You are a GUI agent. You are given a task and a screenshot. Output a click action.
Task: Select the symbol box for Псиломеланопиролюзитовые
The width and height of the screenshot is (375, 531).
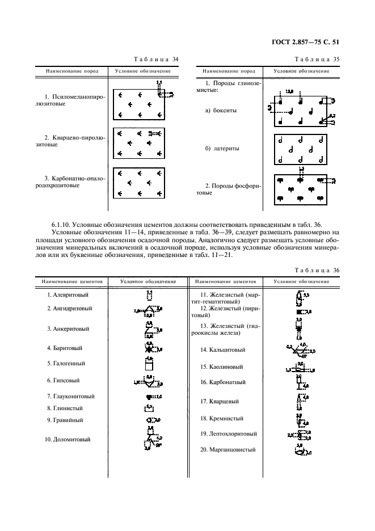(x=139, y=104)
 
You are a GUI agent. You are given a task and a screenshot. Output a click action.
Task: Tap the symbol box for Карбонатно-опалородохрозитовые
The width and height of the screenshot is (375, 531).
(x=139, y=183)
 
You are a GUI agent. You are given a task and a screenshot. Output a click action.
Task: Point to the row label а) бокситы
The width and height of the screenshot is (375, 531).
(x=221, y=111)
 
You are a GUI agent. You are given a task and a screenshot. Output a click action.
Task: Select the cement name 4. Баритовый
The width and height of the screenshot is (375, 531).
(x=65, y=348)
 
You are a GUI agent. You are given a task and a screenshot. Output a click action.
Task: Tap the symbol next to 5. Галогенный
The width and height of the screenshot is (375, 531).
(x=149, y=364)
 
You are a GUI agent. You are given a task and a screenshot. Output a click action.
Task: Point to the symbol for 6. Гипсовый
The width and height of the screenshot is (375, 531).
(x=149, y=381)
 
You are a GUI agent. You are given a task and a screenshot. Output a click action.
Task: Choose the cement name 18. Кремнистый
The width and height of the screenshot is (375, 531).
(x=222, y=419)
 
